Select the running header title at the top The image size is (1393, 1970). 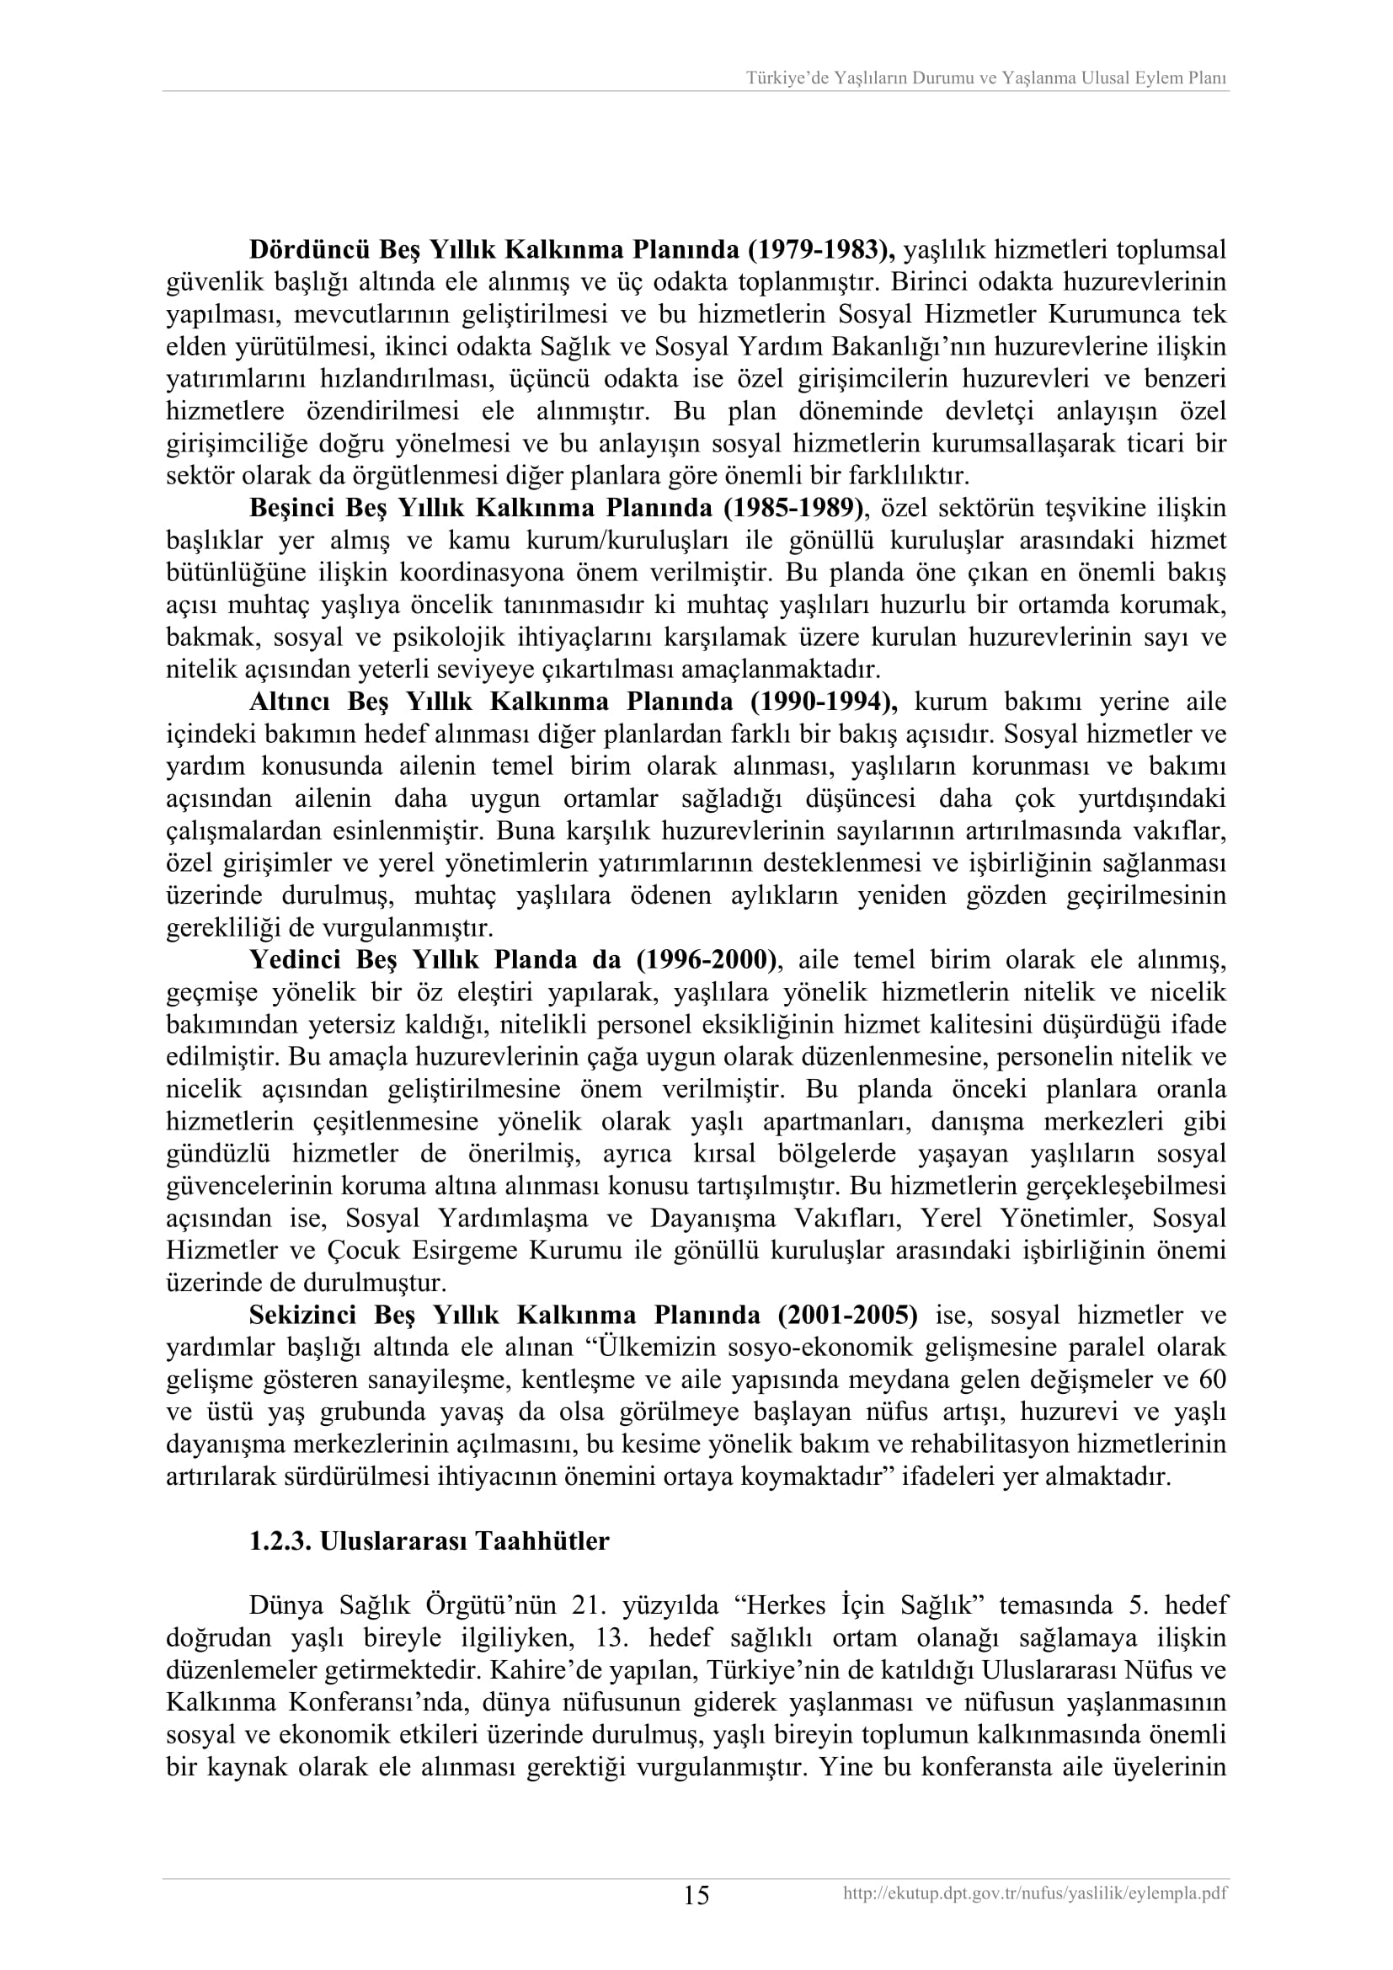click(x=985, y=78)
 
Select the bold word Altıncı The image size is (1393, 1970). click(x=290, y=702)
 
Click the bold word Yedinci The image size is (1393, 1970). click(x=293, y=959)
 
